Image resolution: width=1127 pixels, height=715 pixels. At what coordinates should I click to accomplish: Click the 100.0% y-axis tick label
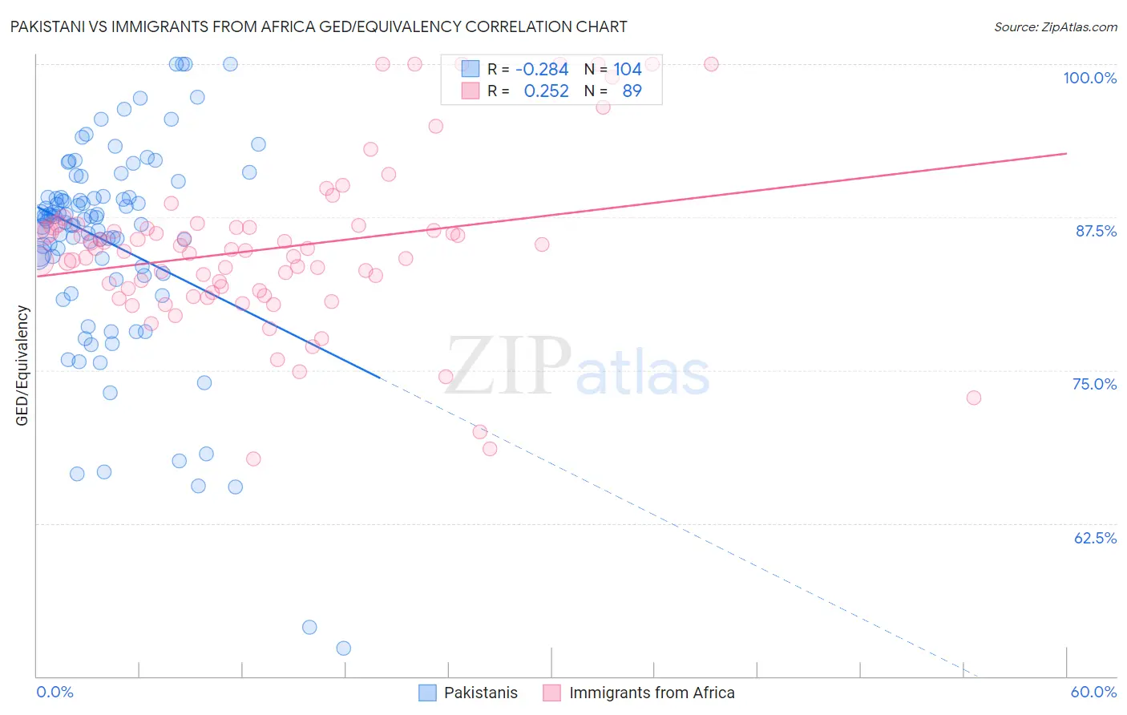(x=1089, y=78)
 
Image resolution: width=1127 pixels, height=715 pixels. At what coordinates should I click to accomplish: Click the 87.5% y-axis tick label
(x=1096, y=231)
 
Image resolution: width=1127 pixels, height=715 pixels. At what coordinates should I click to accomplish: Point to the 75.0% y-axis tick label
(x=1094, y=384)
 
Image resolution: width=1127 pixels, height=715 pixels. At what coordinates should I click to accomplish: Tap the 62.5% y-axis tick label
(x=1095, y=538)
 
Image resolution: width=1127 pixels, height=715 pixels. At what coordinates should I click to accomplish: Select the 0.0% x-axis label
(x=55, y=692)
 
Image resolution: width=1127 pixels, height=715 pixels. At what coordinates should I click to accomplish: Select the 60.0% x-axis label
(x=1093, y=692)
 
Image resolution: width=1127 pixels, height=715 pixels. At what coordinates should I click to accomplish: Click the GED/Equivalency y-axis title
(x=22, y=366)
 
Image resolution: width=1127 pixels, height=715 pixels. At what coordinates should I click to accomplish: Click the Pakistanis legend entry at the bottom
(x=480, y=693)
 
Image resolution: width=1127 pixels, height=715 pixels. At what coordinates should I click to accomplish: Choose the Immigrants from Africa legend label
(x=651, y=693)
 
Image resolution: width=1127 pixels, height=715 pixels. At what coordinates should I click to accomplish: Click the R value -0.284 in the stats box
(x=542, y=70)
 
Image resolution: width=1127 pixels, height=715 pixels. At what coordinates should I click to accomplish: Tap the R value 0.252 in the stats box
(x=546, y=91)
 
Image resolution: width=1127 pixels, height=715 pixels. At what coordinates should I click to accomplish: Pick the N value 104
(x=628, y=70)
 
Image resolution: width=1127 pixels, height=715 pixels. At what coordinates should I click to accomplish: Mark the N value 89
(x=632, y=91)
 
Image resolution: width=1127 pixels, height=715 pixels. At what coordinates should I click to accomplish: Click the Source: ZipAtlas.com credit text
(x=1055, y=27)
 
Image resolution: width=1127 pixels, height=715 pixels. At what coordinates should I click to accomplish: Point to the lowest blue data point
(x=343, y=648)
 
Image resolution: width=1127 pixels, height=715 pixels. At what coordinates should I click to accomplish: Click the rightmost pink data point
(x=973, y=398)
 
